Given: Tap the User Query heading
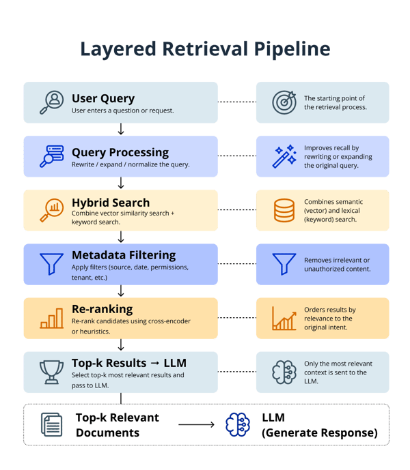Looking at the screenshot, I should pos(103,98).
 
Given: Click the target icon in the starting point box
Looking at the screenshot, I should pos(284,102).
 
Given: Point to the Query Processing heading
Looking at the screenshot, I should pos(120,151).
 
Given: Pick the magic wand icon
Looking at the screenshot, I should pos(284,156).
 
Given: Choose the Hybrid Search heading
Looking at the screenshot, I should pos(111,203).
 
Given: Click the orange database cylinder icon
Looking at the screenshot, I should pos(284,209).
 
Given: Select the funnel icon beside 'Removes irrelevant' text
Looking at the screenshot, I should pos(284,263).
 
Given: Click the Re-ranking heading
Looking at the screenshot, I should pos(102,309).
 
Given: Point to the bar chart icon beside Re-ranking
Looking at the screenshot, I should pos(51,317).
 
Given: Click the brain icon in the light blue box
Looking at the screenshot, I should pos(284,372).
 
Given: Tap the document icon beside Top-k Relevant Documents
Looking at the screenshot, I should pos(51,424).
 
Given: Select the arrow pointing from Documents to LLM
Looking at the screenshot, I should pos(197,424).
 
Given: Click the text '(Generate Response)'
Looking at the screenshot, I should pos(318,432).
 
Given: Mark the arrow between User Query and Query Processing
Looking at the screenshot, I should pos(121,129).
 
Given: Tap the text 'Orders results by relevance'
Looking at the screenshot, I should pos(329,314).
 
